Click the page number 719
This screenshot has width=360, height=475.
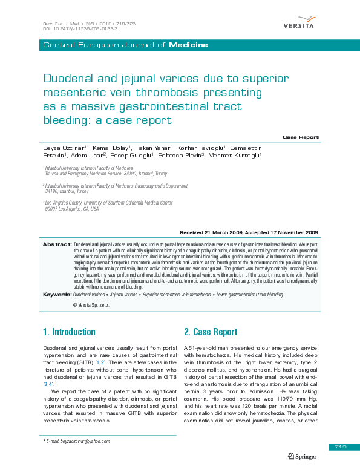(339, 447)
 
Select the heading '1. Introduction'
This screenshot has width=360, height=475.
(69, 332)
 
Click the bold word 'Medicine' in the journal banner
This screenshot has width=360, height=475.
(188, 45)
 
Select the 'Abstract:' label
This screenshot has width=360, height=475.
(57, 244)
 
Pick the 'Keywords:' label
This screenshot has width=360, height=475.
(57, 294)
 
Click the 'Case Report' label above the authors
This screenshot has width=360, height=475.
(301, 137)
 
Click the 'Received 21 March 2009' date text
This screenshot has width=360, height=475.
(215, 232)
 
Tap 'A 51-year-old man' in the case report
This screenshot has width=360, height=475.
(211, 349)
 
